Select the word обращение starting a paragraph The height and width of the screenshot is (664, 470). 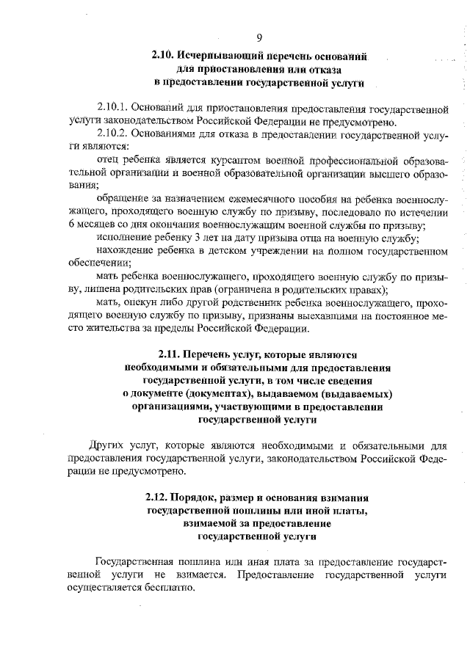[120, 200]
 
